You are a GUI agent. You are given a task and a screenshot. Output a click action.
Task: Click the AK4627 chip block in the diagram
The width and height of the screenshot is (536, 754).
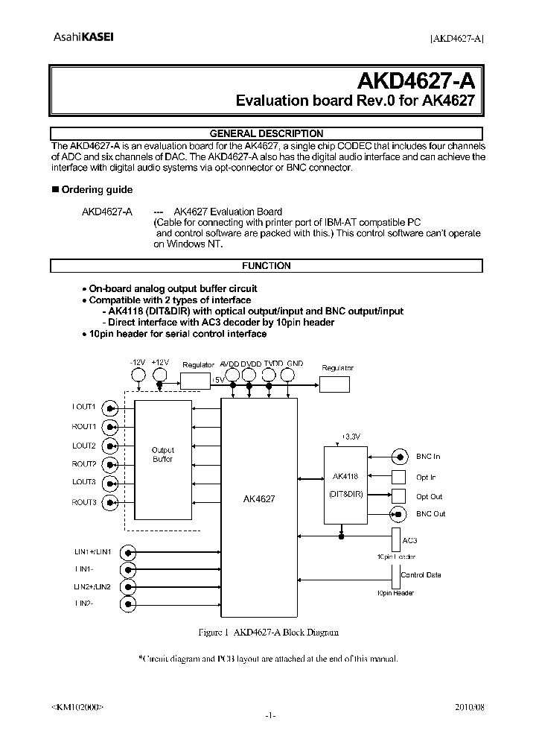(259, 506)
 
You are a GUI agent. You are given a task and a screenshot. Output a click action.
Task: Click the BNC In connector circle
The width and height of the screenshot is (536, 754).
(400, 457)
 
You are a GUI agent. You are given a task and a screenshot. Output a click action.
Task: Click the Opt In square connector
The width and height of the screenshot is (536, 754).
(400, 477)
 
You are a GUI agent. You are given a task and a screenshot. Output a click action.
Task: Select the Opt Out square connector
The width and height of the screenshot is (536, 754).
(400, 496)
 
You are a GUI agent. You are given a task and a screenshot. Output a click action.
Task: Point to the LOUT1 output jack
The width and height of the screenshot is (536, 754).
(110, 408)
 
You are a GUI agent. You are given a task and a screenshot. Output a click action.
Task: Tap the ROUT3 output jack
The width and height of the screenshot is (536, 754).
(110, 503)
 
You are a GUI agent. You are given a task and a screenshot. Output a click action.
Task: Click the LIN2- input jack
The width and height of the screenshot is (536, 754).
(130, 603)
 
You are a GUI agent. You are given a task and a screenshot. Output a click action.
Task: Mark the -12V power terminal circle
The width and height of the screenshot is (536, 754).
(137, 378)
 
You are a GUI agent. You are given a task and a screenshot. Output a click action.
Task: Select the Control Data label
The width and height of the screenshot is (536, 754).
(421, 575)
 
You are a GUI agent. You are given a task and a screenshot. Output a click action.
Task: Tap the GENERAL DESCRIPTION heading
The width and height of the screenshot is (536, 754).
(266, 134)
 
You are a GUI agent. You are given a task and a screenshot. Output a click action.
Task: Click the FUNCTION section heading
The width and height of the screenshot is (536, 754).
(266, 266)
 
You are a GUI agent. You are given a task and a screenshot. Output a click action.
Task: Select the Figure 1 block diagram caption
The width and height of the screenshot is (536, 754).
(269, 632)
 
